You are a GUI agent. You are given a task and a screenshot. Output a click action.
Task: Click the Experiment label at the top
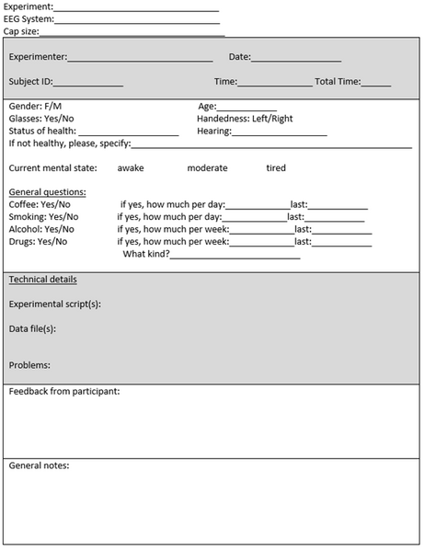pyautogui.click(x=28, y=6)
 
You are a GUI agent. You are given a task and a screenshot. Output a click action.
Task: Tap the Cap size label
pyautogui.click(x=20, y=31)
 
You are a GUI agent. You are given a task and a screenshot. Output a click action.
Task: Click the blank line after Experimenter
pyautogui.click(x=140, y=58)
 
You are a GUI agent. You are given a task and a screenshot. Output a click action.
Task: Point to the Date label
pyautogui.click(x=239, y=57)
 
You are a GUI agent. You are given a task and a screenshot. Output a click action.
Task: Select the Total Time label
pyautogui.click(x=338, y=82)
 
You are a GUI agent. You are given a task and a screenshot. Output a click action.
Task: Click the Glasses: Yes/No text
pyautogui.click(x=41, y=119)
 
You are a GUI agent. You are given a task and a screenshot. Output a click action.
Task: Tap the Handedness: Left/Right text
pyautogui.click(x=245, y=119)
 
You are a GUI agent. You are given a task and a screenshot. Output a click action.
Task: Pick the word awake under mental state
pyautogui.click(x=132, y=168)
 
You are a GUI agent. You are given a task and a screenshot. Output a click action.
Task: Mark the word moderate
pyautogui.click(x=207, y=168)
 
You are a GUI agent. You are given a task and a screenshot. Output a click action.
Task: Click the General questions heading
pyautogui.click(x=47, y=192)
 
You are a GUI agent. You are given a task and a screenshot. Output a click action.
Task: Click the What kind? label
pyautogui.click(x=146, y=254)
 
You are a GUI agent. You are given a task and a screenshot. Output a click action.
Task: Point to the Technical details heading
pyautogui.click(x=42, y=280)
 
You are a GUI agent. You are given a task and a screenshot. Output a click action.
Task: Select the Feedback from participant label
pyautogui.click(x=64, y=392)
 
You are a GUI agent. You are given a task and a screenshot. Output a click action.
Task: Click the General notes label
pyautogui.click(x=39, y=465)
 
